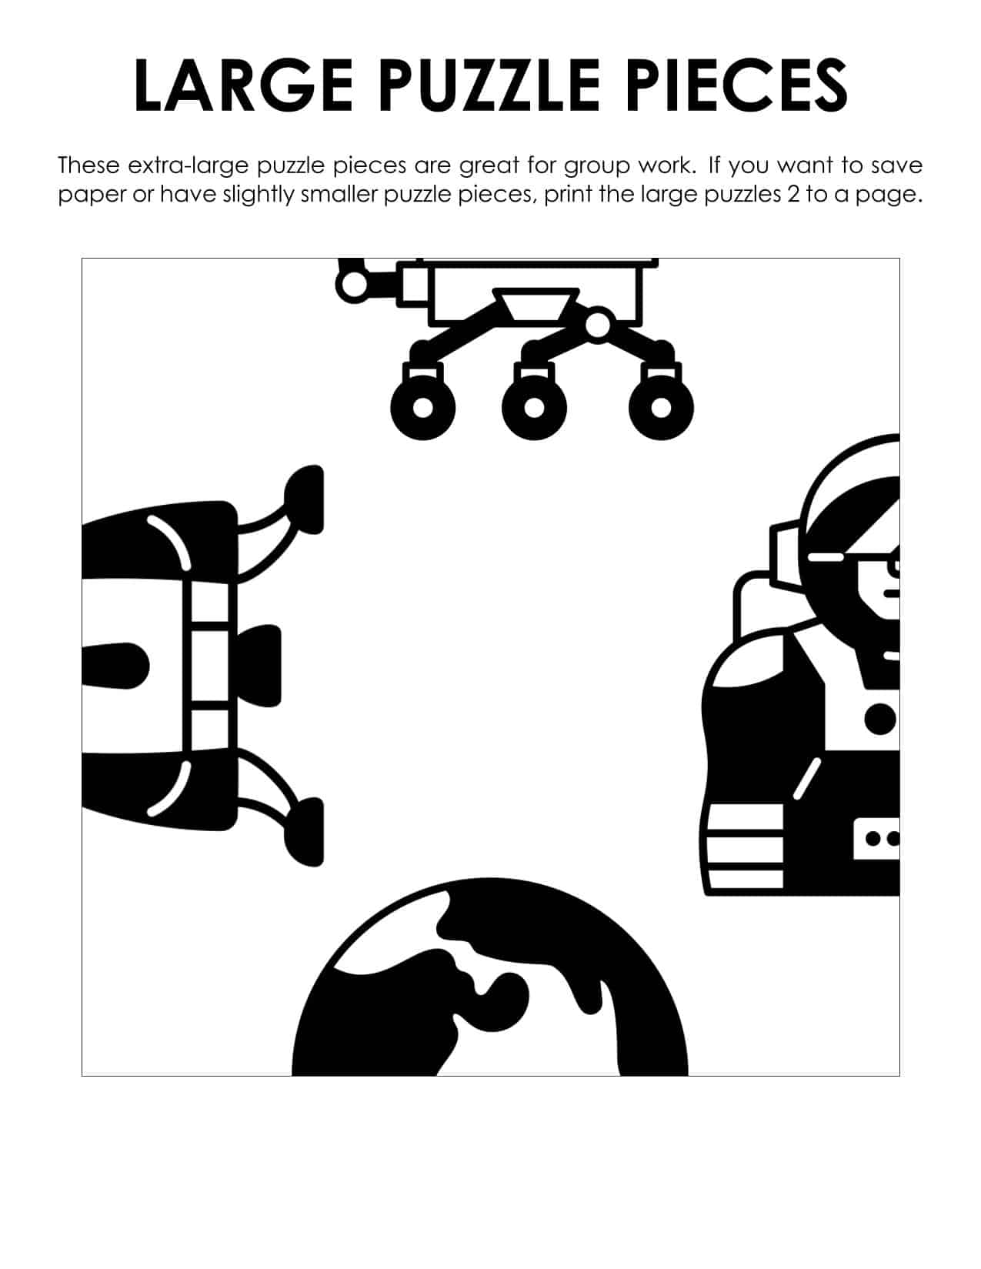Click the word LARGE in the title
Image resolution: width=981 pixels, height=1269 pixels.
(x=243, y=85)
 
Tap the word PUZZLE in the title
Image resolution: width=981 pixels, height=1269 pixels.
(x=489, y=85)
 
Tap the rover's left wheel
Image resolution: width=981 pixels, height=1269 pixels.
(x=422, y=407)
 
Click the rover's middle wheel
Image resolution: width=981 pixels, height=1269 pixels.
(x=534, y=407)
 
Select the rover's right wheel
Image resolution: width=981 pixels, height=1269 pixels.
(x=661, y=407)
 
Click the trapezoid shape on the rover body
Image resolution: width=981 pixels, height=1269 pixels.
(x=536, y=305)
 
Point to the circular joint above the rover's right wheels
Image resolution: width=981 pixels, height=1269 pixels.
(x=597, y=326)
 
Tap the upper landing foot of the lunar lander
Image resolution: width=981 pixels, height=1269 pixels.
(x=305, y=500)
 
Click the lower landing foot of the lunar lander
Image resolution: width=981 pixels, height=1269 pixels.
(x=305, y=832)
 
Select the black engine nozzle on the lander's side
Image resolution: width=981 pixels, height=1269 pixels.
(x=260, y=666)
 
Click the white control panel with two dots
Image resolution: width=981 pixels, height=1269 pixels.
(x=876, y=839)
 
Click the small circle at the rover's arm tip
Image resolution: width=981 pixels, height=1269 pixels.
(x=352, y=286)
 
